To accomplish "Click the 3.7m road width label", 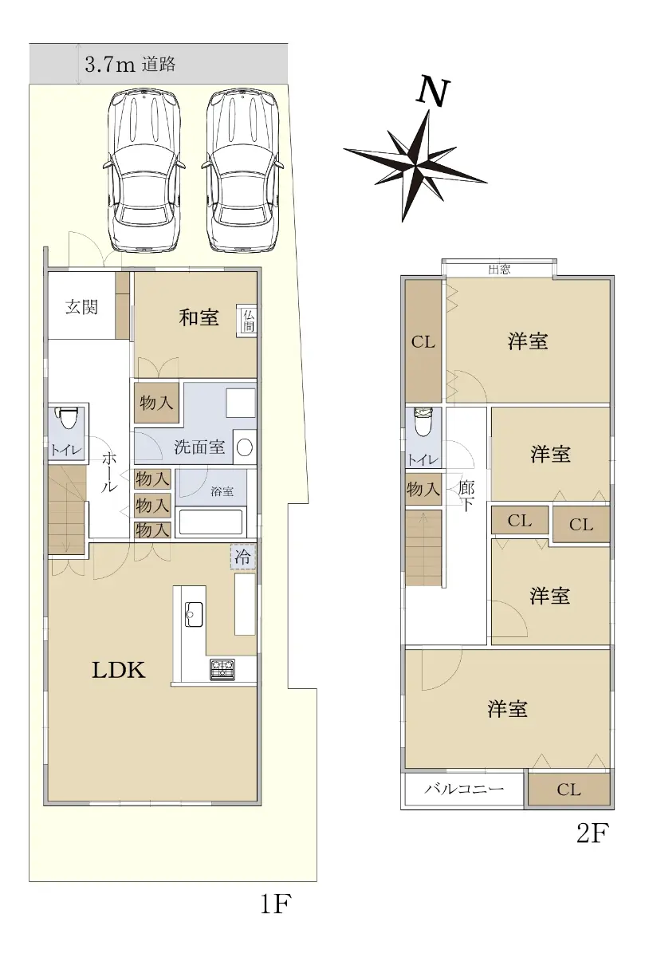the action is tap(110, 65).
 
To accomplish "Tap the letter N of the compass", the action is tap(433, 91).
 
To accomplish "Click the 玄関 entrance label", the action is tap(81, 307).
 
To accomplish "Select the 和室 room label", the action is tap(199, 318).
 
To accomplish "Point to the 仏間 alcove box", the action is tap(247, 321).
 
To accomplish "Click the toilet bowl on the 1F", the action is tap(67, 419).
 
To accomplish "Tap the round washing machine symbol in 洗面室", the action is tap(245, 447).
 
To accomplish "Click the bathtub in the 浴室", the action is tap(211, 521).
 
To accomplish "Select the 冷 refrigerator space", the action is tap(242, 557).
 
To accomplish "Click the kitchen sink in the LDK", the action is tap(194, 614).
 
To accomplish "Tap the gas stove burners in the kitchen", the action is tap(222, 670).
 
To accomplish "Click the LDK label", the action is tap(119, 671).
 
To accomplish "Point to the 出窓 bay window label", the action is tap(499, 270).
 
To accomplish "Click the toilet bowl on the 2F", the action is tap(423, 421).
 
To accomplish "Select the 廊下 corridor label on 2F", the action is tap(466, 495).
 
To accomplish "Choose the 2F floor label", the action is tap(592, 841).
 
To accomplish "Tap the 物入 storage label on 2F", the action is tap(423, 489).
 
